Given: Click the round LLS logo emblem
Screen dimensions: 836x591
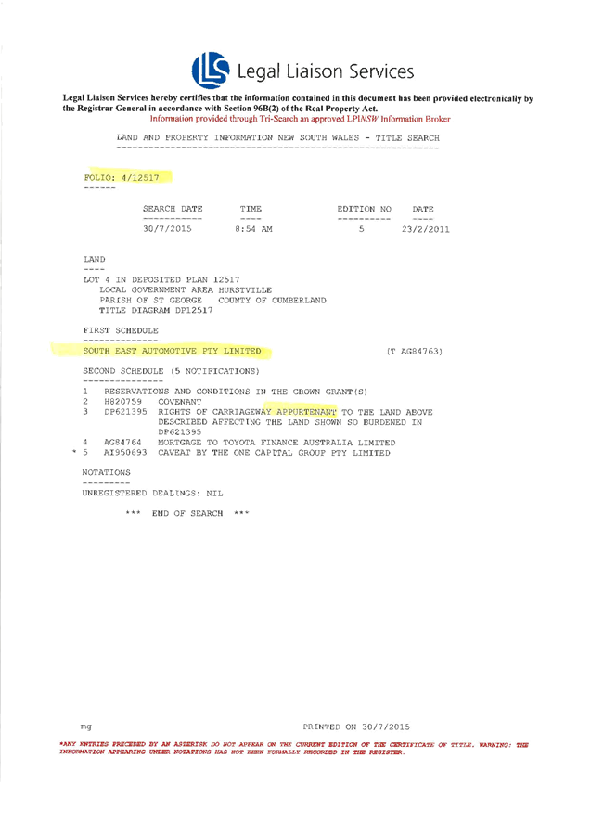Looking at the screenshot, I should click(x=211, y=71).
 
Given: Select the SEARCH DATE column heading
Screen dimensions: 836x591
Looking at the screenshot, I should click(x=172, y=209).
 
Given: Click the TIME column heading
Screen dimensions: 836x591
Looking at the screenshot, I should click(x=251, y=209).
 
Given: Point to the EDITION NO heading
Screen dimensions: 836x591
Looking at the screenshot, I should click(x=363, y=209).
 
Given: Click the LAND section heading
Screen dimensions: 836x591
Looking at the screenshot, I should click(x=95, y=258).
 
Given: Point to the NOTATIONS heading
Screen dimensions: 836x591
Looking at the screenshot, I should click(x=105, y=472).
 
